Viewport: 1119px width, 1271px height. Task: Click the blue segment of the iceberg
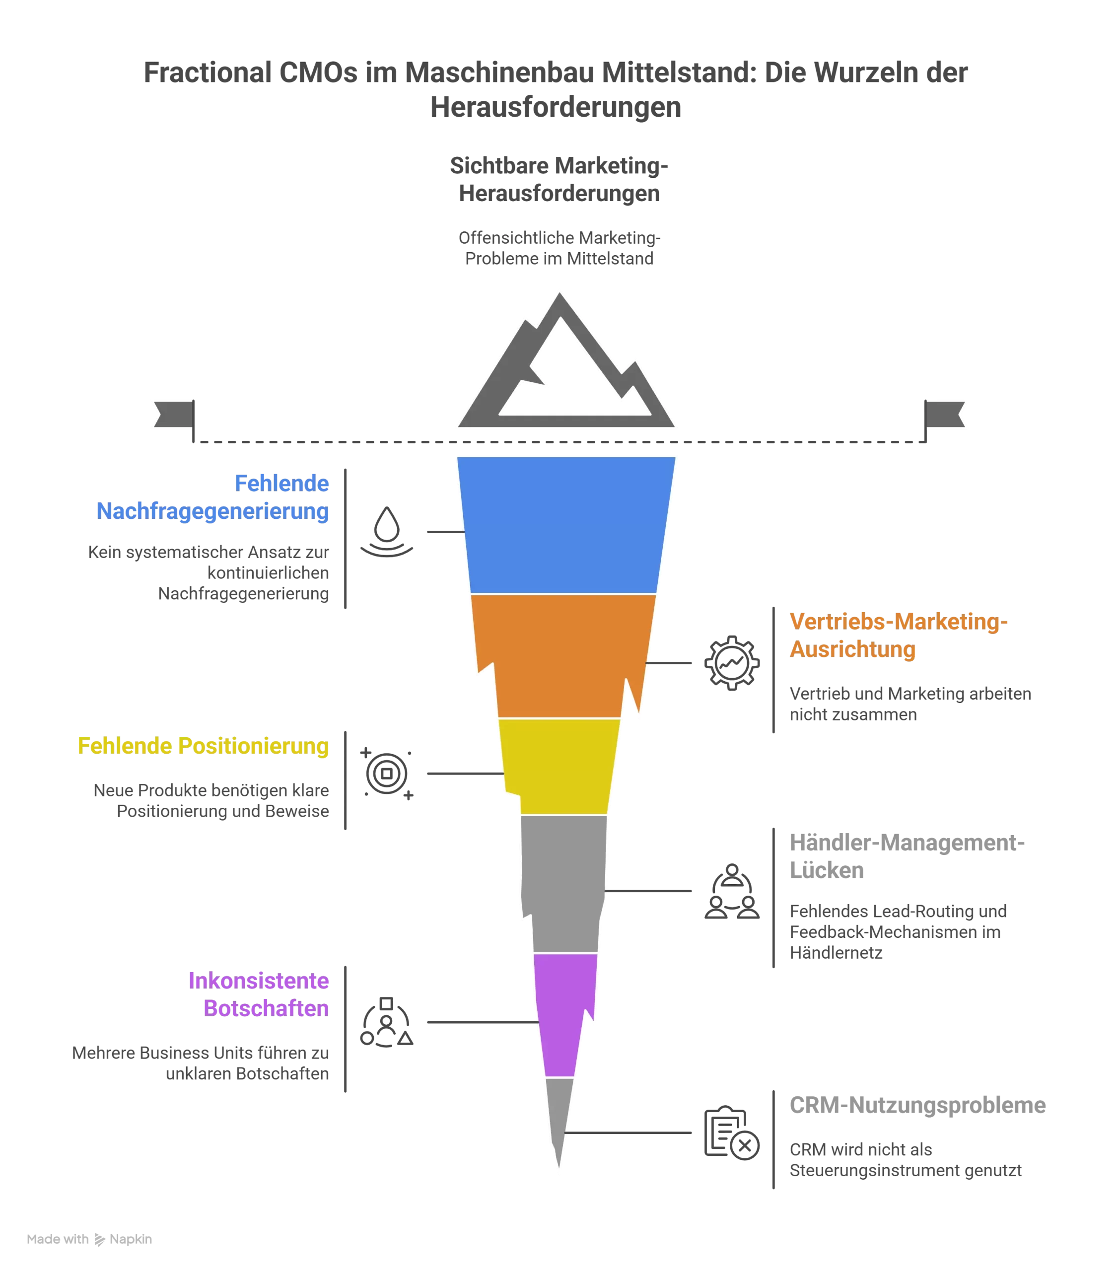pos(566,525)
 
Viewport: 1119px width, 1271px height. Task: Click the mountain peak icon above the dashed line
pos(566,360)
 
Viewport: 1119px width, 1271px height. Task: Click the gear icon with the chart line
pos(732,663)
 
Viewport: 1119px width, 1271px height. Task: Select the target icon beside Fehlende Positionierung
pos(387,774)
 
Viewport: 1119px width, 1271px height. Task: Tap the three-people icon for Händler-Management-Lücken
pos(732,891)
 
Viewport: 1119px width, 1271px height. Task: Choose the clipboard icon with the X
pos(732,1133)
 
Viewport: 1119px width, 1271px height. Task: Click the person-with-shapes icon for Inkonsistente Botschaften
pos(387,1022)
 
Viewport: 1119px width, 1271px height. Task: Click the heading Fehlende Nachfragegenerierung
pos(212,497)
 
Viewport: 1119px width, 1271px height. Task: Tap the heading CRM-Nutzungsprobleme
pos(917,1105)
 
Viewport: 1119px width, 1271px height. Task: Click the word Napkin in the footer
pos(131,1239)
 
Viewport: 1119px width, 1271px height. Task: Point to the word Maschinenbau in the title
pos(500,73)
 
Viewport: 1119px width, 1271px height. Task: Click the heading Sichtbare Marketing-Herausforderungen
pos(559,179)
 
